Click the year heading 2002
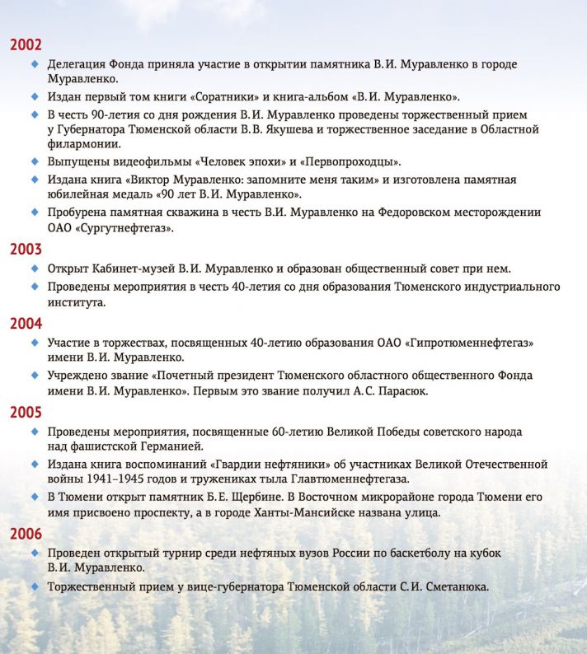pos(26,44)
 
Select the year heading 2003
pos(26,249)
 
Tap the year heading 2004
pos(26,323)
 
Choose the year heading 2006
pos(26,534)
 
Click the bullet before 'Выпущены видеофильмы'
pos(35,161)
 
